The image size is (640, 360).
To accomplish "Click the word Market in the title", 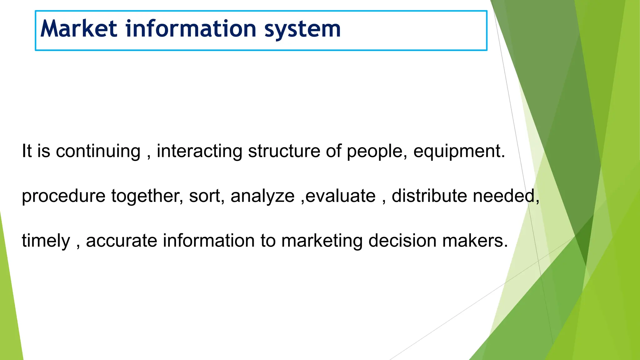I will click(79, 29).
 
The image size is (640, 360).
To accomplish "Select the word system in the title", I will click(302, 29).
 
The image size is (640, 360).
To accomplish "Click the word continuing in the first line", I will click(98, 151).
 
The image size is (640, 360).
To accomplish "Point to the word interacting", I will click(199, 151).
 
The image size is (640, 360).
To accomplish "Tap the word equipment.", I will click(459, 151).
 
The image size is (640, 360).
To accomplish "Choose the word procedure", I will click(63, 196).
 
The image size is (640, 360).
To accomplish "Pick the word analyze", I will click(262, 196).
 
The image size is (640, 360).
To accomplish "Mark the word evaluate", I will click(340, 196).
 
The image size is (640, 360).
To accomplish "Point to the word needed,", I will click(506, 196).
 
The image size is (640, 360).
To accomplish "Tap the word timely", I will click(46, 241).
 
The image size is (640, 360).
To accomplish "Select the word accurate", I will click(122, 241).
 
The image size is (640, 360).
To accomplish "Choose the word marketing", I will click(322, 241).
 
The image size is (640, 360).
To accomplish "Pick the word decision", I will click(402, 241).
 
